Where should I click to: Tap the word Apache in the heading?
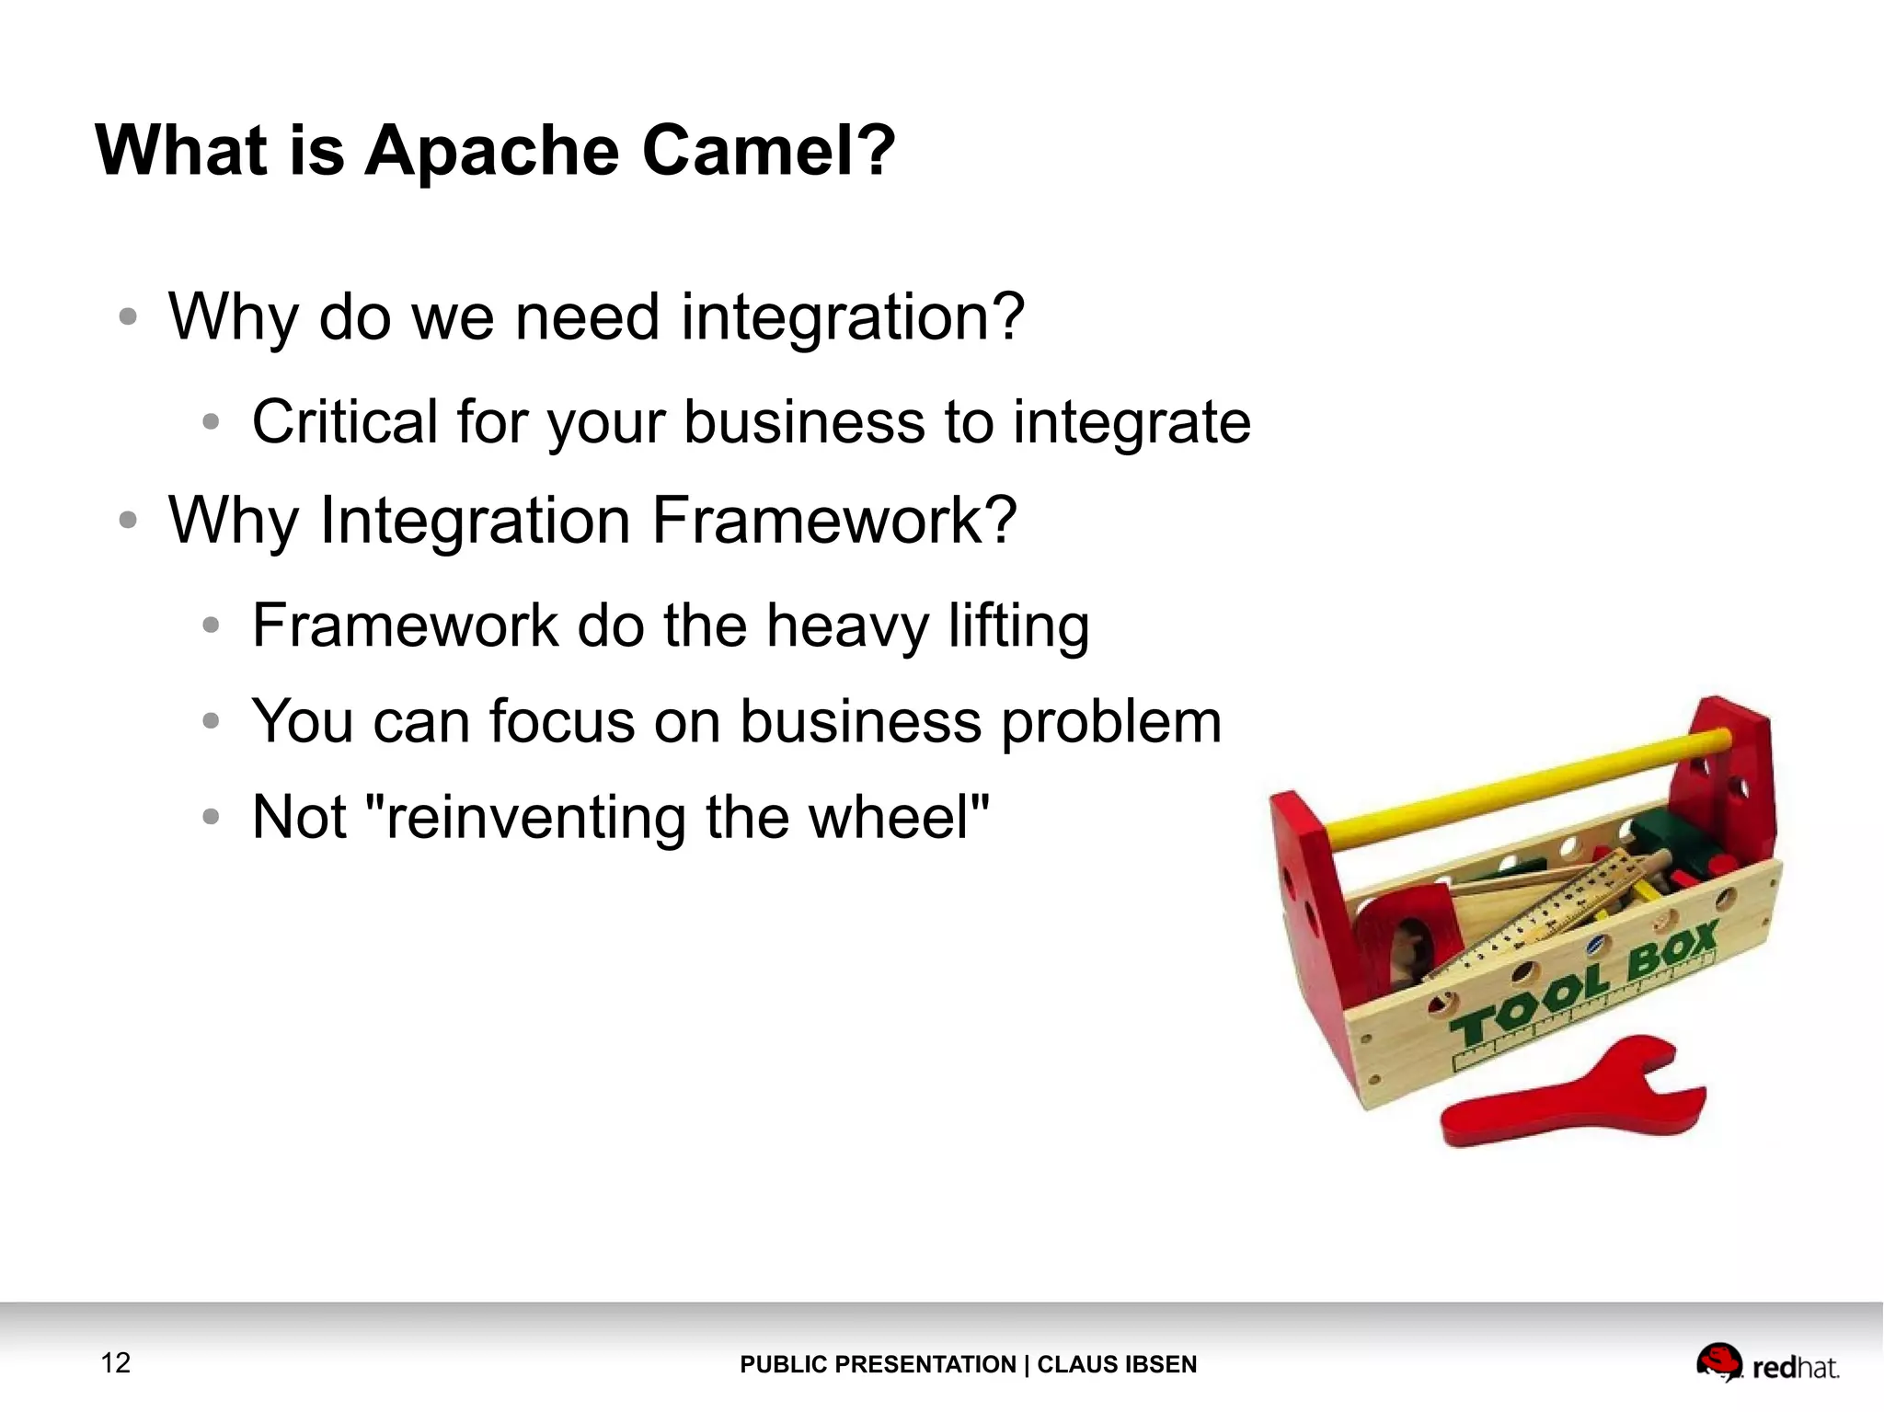492,152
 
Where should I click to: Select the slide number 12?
116,1362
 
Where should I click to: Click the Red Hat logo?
1766,1364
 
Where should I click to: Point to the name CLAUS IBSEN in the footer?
1117,1364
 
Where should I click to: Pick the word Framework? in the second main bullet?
833,521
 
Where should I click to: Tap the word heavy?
847,626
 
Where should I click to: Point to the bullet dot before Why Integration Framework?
128,521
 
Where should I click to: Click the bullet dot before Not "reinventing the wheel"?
212,817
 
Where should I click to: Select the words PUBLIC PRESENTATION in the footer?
878,1364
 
